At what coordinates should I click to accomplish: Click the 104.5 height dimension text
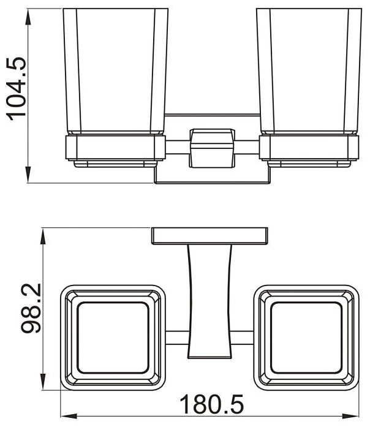17,88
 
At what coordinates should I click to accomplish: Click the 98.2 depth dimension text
31,309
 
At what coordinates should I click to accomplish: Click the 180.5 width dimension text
211,404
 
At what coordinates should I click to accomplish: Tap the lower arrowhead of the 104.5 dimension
28,173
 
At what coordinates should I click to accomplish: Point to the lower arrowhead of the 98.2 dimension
43,380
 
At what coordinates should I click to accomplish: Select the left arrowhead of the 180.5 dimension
69,417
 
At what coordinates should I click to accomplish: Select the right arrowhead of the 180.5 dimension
350,417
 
